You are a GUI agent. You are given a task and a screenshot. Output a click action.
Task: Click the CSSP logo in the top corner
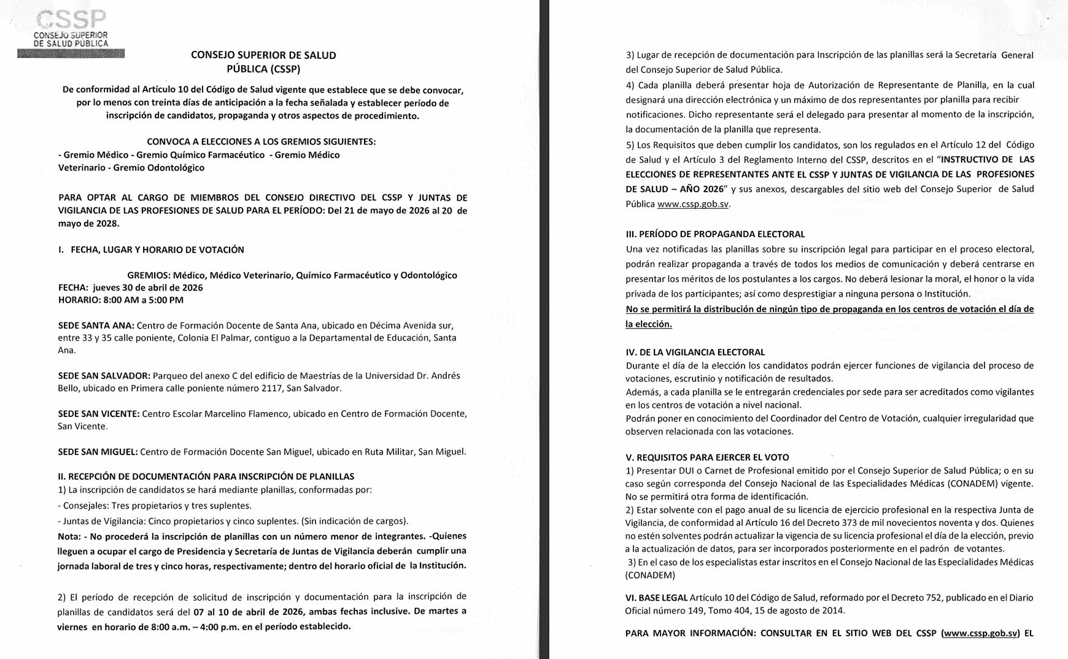[71, 31]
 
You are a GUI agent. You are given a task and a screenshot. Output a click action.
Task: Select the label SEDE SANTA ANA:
[96, 326]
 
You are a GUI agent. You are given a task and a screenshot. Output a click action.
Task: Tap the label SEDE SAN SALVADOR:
[104, 376]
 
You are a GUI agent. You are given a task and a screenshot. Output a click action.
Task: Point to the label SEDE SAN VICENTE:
[98, 414]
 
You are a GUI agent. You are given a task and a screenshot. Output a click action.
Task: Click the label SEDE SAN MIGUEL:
[98, 452]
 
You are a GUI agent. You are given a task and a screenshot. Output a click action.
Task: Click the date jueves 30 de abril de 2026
[148, 287]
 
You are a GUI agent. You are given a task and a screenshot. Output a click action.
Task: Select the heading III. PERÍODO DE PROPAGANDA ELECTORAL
[715, 234]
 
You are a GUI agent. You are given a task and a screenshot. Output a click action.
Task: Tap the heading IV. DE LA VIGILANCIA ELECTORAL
[695, 352]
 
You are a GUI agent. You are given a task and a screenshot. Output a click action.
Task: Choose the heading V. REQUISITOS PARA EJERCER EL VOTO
[707, 458]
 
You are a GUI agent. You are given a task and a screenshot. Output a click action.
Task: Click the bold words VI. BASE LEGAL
[656, 598]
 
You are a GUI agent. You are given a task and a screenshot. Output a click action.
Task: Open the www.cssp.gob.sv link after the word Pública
[692, 204]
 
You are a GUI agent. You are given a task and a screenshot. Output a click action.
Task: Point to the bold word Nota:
[69, 536]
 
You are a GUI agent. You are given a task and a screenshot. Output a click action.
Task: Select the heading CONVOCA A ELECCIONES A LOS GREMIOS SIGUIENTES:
[261, 142]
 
